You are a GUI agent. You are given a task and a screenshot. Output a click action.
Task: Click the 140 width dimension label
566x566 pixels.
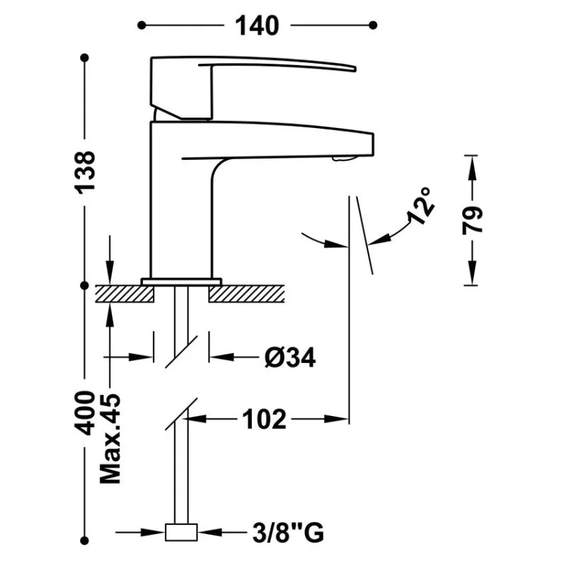tap(257, 25)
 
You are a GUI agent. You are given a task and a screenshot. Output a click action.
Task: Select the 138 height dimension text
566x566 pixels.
tap(85, 171)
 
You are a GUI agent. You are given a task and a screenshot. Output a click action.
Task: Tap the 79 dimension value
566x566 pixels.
tap(472, 221)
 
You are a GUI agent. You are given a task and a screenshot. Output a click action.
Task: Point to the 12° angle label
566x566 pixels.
tap(421, 206)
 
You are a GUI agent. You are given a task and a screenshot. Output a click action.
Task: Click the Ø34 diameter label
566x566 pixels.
tap(290, 357)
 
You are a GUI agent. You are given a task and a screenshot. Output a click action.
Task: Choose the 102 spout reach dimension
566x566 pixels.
tap(264, 419)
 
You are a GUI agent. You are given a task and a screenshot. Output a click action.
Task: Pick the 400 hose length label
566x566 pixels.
tap(84, 413)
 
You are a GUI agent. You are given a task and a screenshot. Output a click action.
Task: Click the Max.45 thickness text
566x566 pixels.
tap(110, 439)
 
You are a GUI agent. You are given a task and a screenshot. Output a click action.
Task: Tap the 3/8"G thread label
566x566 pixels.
tap(288, 533)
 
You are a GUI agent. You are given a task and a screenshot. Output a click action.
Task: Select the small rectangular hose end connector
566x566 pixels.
tap(181, 532)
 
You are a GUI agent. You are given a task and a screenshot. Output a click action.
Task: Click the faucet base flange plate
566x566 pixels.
tap(181, 282)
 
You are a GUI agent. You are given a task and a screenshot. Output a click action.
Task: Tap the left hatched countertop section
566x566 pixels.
tap(125, 294)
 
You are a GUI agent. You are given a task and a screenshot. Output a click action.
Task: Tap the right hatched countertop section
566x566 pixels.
tap(246, 294)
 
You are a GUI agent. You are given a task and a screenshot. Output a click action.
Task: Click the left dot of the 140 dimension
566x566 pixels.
tap(141, 25)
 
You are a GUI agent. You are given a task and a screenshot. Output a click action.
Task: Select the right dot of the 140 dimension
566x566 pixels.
tap(374, 25)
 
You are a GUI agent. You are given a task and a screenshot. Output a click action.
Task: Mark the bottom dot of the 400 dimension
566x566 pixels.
tap(84, 541)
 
